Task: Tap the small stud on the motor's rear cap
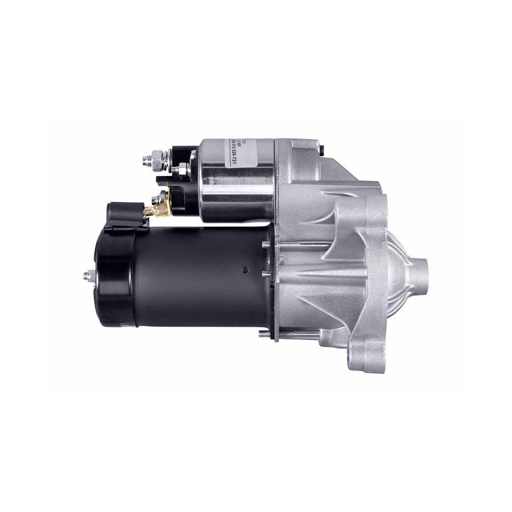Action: (x=87, y=276)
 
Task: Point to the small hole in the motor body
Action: (x=245, y=269)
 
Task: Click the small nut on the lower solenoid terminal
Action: (x=163, y=197)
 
